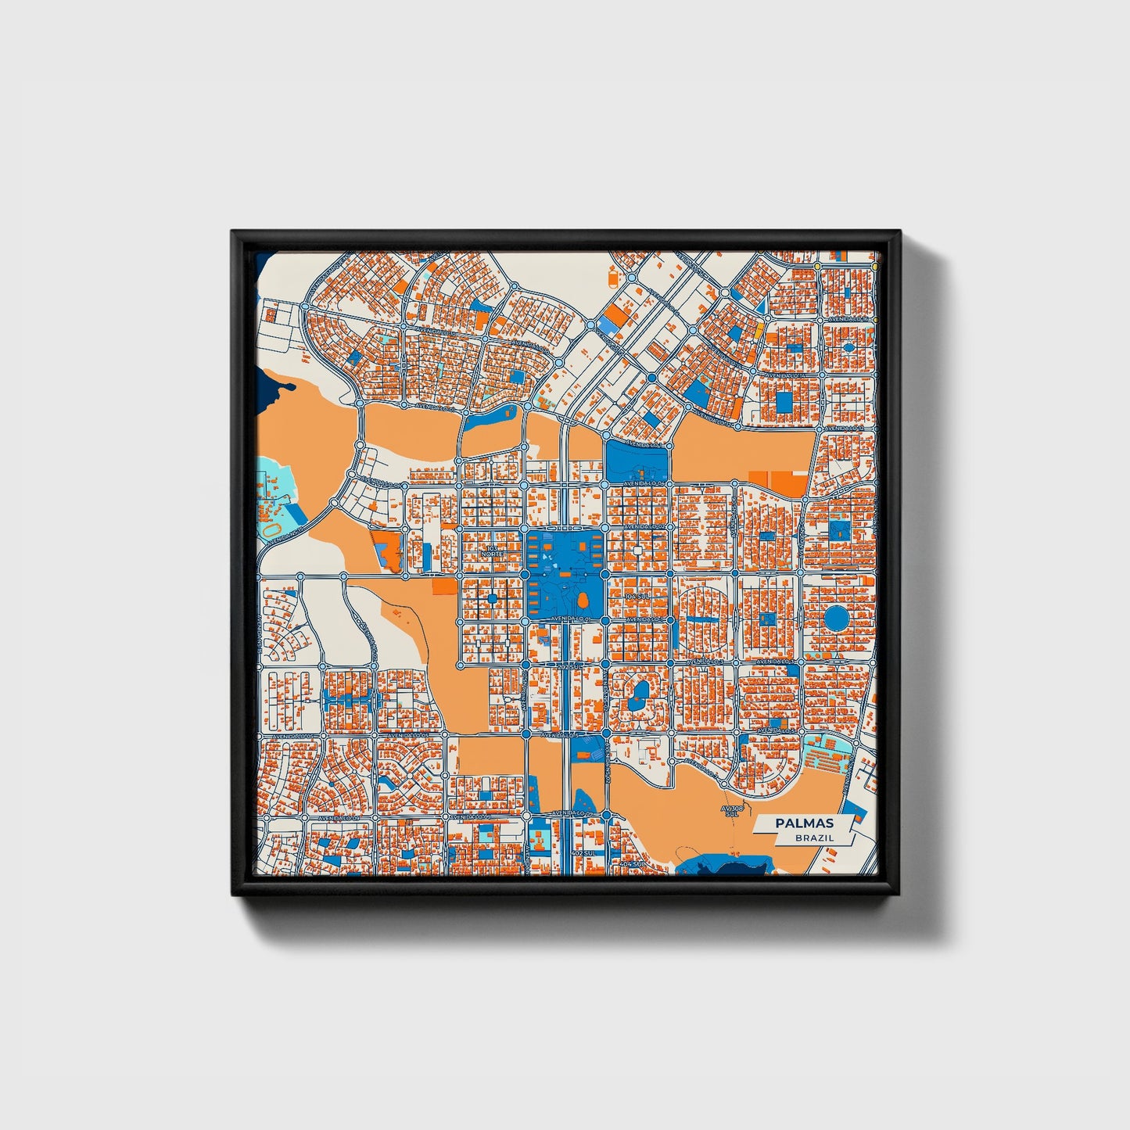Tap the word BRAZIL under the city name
pos(814,838)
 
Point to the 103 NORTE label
pos(492,551)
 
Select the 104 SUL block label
pos(637,596)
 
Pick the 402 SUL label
pos(584,852)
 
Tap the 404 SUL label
pos(630,864)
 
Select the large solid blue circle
pos(837,618)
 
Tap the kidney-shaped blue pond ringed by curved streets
pos(639,692)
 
